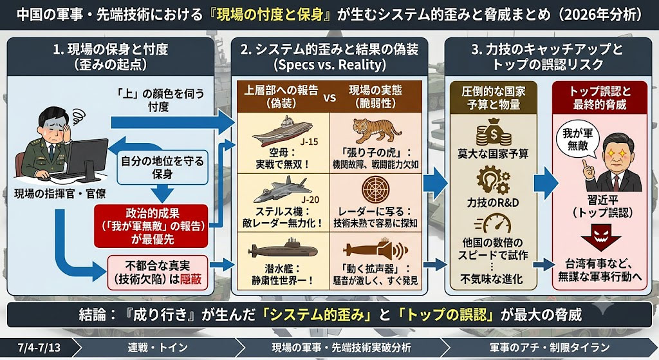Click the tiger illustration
(376, 130)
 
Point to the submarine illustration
(283, 250)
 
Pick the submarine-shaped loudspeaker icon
(375, 251)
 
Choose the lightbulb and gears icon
(494, 180)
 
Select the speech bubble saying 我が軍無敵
(578, 140)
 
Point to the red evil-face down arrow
(600, 238)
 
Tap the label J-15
(310, 142)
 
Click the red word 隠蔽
(190, 279)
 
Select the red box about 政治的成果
(151, 226)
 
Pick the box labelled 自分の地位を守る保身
(162, 167)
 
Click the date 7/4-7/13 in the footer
(39, 348)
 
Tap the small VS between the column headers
(329, 97)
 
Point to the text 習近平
(602, 200)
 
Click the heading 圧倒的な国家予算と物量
(494, 98)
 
